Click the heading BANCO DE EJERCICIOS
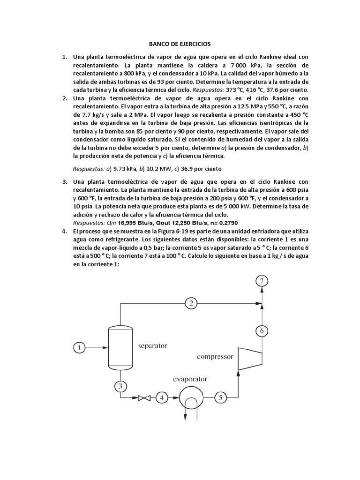(180, 44)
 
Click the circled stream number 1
(80, 347)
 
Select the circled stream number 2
(191, 303)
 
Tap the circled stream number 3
(120, 386)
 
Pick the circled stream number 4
(161, 398)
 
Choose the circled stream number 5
(221, 398)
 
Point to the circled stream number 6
(262, 331)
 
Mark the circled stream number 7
(262, 281)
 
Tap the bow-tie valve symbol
(144, 398)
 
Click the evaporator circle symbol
(190, 398)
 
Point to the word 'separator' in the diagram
(152, 346)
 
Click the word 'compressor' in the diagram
(215, 357)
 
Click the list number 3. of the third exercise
(65, 181)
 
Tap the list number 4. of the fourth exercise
(65, 232)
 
